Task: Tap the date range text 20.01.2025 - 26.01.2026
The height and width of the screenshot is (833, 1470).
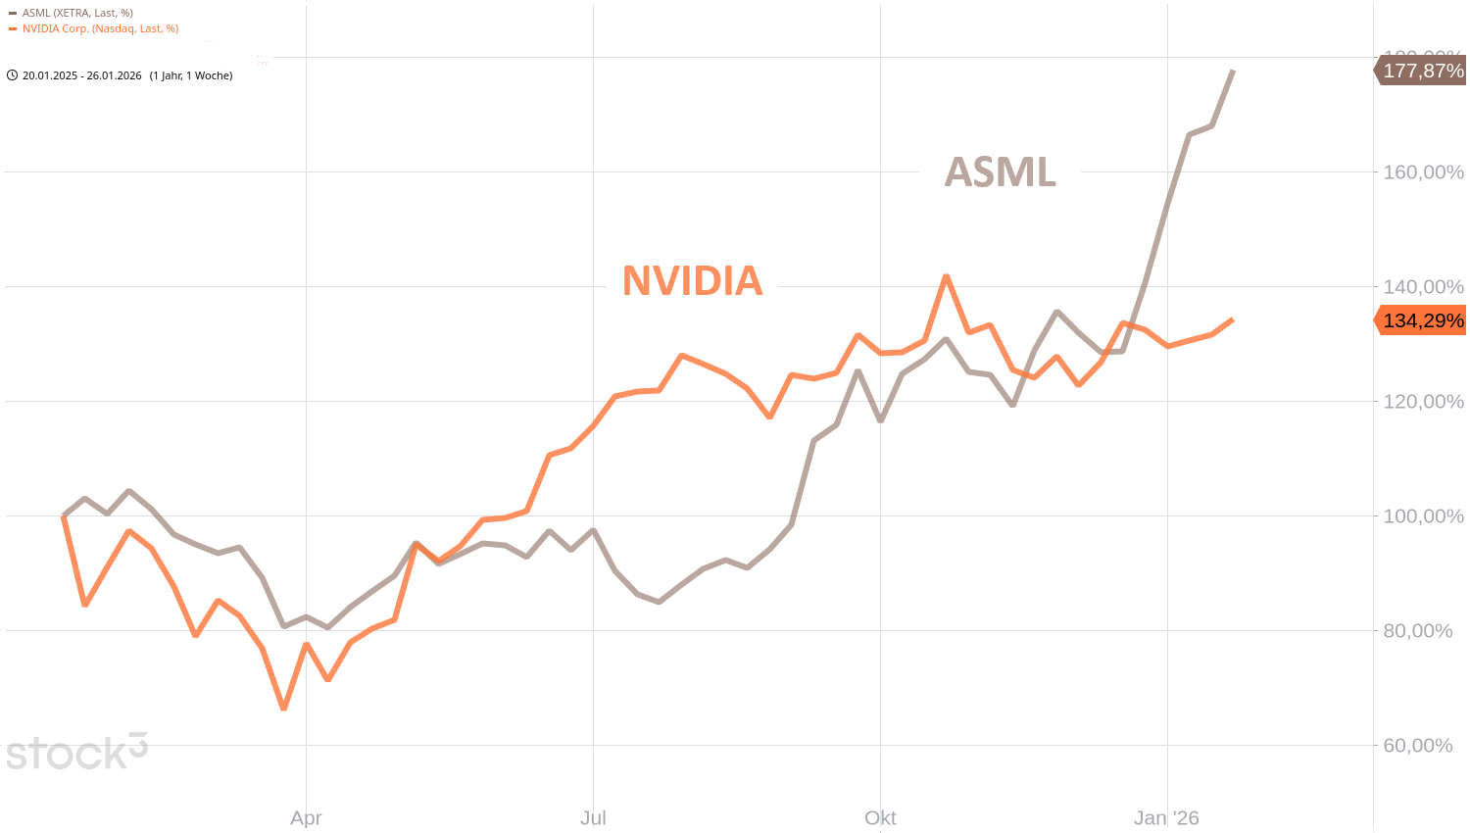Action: [82, 75]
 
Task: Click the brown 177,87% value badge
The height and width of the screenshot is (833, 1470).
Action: [1422, 71]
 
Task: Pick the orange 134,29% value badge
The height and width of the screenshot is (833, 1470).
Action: [1422, 320]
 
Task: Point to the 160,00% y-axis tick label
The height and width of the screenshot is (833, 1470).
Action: [1423, 172]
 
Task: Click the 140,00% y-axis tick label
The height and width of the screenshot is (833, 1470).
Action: [1423, 287]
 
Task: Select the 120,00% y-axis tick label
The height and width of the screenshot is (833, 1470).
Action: [1423, 402]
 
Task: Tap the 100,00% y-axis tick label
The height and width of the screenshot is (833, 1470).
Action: [1423, 516]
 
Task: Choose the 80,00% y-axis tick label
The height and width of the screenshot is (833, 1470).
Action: [1417, 631]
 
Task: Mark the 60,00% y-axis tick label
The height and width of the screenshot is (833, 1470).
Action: [1417, 746]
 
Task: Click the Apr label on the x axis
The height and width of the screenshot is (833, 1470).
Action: [306, 818]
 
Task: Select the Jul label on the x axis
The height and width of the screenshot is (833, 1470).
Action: [593, 818]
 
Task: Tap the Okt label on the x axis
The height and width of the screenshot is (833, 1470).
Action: [880, 818]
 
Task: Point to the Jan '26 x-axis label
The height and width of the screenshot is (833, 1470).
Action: [1166, 818]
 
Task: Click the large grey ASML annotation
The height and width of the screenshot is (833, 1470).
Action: [1000, 172]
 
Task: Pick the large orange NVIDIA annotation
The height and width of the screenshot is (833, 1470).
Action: [692, 281]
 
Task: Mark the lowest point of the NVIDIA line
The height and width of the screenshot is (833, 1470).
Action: [284, 708]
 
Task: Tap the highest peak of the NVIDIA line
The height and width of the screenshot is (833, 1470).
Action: [946, 276]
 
